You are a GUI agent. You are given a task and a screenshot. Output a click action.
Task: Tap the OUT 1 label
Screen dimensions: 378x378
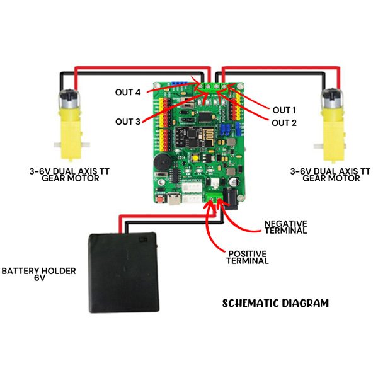284,110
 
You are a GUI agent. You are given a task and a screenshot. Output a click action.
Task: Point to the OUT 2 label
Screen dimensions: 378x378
284,122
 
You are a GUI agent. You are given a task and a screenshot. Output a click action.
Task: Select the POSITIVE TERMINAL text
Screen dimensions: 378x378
247,256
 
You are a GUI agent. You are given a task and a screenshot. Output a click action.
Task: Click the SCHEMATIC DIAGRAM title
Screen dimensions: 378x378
276,303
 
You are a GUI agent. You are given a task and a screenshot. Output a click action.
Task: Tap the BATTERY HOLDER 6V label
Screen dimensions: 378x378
38,275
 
